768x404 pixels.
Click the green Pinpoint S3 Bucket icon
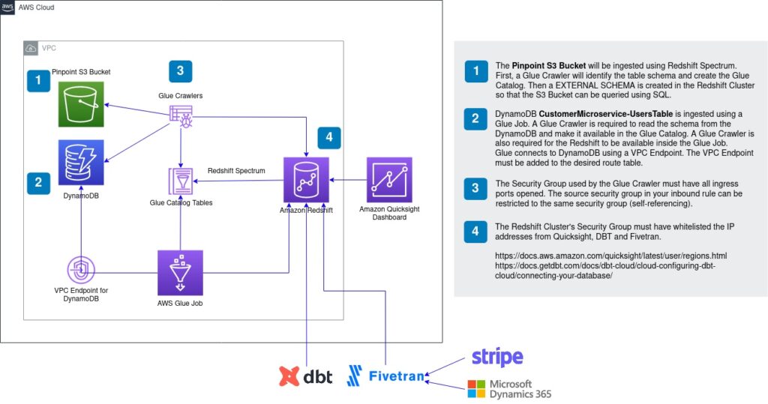pos(82,104)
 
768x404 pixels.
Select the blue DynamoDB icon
pos(82,163)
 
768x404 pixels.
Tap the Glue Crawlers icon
pos(180,115)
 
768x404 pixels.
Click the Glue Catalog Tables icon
pos(180,182)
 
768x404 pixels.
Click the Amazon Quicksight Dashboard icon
pos(389,180)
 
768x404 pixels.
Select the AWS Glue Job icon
pos(180,273)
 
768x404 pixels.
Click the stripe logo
pos(497,358)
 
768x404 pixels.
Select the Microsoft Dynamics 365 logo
pos(509,388)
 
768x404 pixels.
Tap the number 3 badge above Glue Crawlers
pos(180,71)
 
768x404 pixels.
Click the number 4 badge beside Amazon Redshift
pos(329,138)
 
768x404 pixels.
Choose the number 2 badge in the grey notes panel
pos(475,119)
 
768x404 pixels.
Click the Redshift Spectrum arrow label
pos(236,171)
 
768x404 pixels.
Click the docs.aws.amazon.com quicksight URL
pos(610,256)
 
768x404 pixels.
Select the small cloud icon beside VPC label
pos(31,47)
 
